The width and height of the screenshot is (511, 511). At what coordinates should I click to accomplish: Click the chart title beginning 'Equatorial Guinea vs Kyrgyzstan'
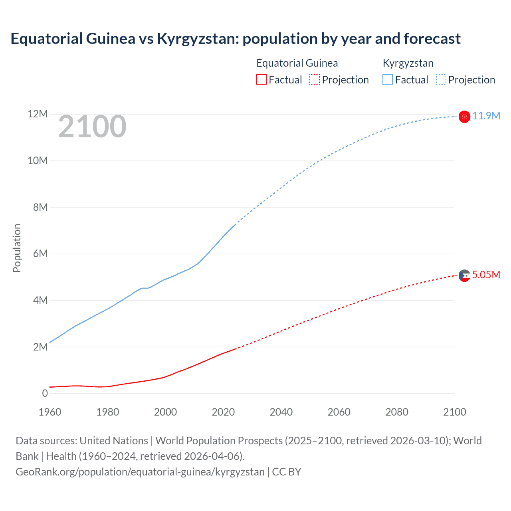(x=236, y=39)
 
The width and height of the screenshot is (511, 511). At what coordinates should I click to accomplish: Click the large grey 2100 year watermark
(x=92, y=127)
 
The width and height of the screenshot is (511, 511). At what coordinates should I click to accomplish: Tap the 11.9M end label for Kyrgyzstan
(x=486, y=116)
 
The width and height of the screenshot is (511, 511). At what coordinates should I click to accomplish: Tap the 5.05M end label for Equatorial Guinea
(x=486, y=275)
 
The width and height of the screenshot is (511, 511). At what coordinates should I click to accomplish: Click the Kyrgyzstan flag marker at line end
(x=464, y=117)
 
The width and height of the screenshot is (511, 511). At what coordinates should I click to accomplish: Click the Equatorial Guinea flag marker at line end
(x=464, y=275)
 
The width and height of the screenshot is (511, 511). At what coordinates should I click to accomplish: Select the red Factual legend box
(x=261, y=80)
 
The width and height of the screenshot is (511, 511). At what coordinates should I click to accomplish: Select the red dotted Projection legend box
(x=315, y=80)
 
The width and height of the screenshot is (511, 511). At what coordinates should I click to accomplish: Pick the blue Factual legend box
(x=388, y=80)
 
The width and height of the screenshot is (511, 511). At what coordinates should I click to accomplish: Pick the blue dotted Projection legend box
(x=441, y=80)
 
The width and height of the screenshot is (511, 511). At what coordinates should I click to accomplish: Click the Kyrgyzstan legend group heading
(x=408, y=63)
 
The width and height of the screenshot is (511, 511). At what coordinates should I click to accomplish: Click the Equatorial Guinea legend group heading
(x=297, y=63)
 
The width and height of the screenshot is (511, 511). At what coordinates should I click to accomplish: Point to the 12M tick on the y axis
(x=38, y=114)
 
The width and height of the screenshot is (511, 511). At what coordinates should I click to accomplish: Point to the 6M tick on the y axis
(x=40, y=254)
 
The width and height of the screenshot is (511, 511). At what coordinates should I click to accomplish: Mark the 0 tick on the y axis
(x=45, y=394)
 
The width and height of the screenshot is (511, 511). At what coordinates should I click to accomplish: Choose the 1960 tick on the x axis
(x=50, y=412)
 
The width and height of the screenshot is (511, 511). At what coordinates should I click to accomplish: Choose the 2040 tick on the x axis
(x=281, y=412)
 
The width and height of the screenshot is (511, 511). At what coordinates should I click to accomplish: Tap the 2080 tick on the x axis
(x=397, y=412)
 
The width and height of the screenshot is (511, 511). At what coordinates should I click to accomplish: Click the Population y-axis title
(x=17, y=248)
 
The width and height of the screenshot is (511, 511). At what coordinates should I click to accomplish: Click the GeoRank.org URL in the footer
(x=140, y=472)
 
